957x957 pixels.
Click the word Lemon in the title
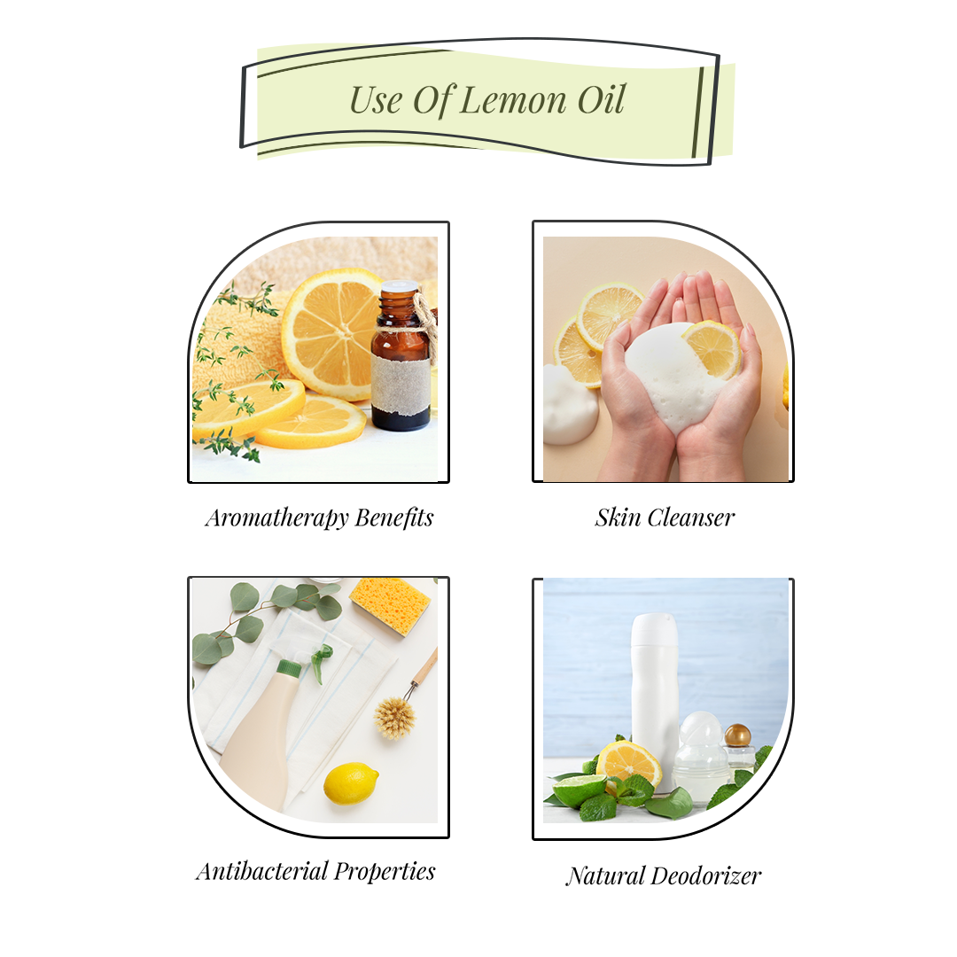click(x=513, y=99)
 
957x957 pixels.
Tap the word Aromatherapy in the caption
click(x=276, y=517)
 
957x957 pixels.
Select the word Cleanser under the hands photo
click(x=696, y=517)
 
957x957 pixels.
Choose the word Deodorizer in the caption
click(x=705, y=876)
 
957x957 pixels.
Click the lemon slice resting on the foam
click(x=712, y=348)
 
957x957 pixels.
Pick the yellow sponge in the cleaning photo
click(x=391, y=605)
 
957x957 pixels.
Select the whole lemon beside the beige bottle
click(x=351, y=783)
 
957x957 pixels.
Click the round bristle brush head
click(x=395, y=717)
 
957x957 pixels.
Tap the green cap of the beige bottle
click(x=289, y=667)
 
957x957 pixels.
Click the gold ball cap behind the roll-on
click(x=737, y=735)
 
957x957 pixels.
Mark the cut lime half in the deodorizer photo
click(x=580, y=788)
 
